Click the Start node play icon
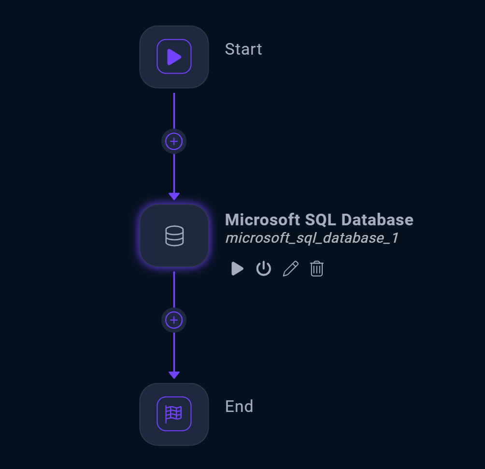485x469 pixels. pyautogui.click(x=174, y=57)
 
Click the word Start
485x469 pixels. pyautogui.click(x=243, y=49)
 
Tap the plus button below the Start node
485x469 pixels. pyautogui.click(x=174, y=142)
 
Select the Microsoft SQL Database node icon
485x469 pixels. pyautogui.click(x=174, y=236)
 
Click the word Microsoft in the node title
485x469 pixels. pyautogui.click(x=262, y=220)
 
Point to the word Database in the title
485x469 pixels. pyautogui.click(x=377, y=220)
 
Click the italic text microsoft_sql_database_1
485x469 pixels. pyautogui.click(x=312, y=238)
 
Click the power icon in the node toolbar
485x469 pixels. pyautogui.click(x=263, y=268)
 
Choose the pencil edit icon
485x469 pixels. pyautogui.click(x=290, y=268)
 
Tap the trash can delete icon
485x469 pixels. pyautogui.click(x=316, y=268)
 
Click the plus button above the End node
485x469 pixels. pyautogui.click(x=174, y=320)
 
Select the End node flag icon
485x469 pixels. pyautogui.click(x=174, y=414)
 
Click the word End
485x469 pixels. pyautogui.click(x=239, y=406)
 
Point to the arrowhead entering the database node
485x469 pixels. pyautogui.click(x=174, y=196)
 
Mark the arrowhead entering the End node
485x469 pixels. pyautogui.click(x=174, y=375)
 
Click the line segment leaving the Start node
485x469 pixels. pyautogui.click(x=174, y=111)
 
